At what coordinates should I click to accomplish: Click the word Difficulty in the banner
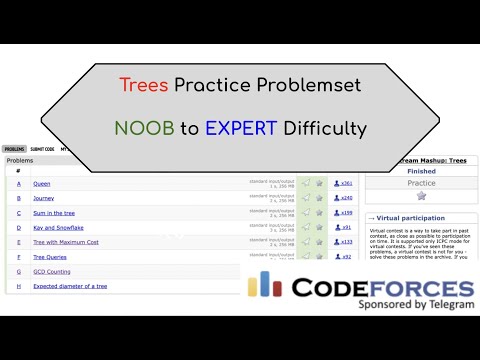coord(323,128)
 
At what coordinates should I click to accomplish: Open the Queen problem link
coord(41,184)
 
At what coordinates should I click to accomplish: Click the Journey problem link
coord(44,198)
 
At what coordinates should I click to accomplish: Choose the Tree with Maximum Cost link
coord(66,242)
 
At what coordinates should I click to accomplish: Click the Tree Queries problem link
coord(50,257)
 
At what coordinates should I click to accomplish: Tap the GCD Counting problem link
coord(51,271)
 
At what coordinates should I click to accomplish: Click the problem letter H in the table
coord(18,286)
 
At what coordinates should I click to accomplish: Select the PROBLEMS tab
coord(13,149)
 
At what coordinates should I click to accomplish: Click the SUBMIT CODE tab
coord(42,149)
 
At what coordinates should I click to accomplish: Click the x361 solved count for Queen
coord(346,184)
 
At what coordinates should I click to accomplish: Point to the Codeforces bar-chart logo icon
coord(266,286)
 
